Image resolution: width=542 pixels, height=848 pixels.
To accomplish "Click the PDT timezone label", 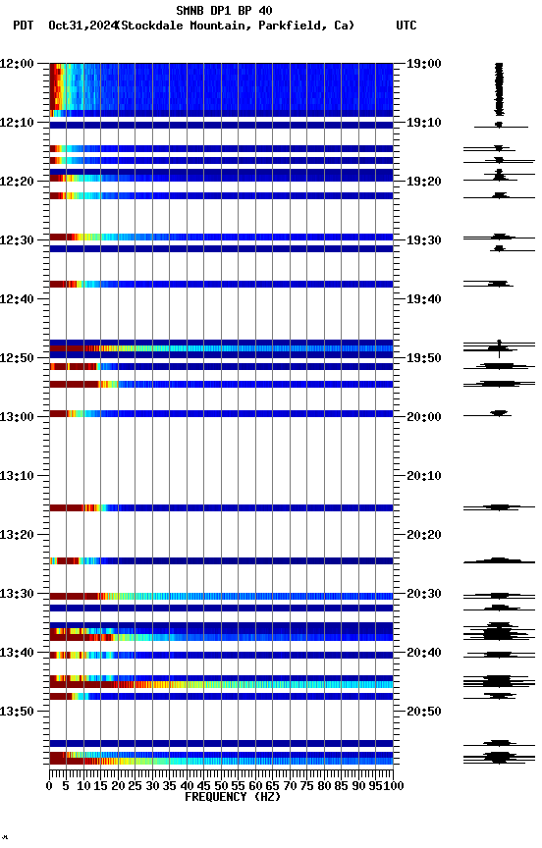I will (x=24, y=26).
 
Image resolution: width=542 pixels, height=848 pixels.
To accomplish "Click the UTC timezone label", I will (x=406, y=26).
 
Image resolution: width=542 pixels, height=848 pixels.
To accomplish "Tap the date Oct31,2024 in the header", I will (x=81, y=26).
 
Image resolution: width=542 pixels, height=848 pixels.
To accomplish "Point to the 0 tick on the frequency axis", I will (x=50, y=785).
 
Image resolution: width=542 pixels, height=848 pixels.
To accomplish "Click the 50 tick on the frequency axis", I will (x=222, y=785).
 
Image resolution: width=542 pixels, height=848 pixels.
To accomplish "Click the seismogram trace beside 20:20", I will (x=499, y=560).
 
